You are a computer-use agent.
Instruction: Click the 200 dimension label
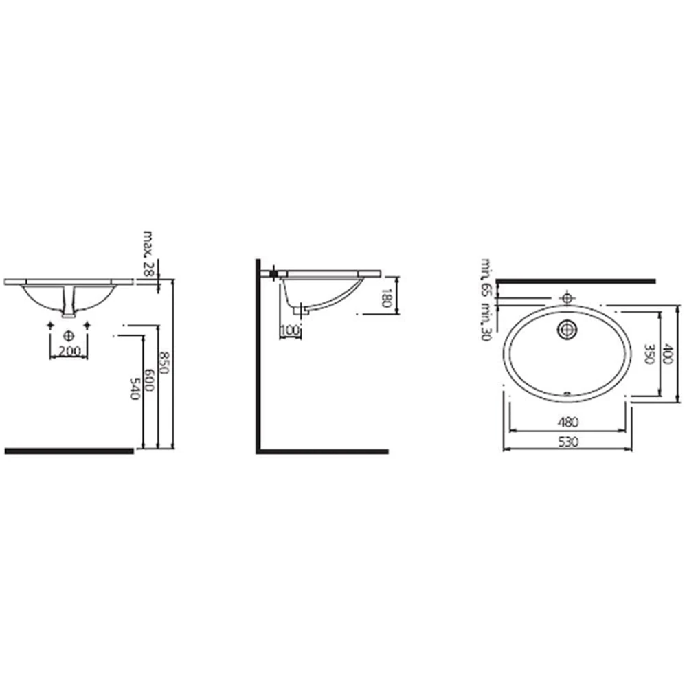[69, 351]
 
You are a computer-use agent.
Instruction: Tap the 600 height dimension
[149, 380]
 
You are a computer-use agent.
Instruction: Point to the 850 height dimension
[164, 362]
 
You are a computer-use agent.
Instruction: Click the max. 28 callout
[149, 254]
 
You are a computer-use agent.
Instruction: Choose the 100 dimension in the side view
[289, 330]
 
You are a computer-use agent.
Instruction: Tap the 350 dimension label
[649, 354]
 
